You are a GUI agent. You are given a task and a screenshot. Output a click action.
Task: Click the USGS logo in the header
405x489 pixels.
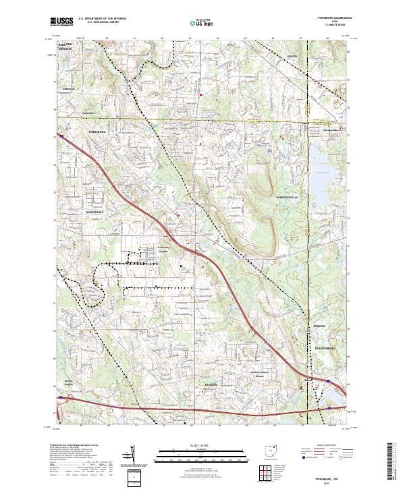click(x=62, y=22)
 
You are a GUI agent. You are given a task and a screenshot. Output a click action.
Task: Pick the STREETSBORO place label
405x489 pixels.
click(x=325, y=348)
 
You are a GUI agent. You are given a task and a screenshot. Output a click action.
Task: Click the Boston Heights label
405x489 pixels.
click(x=67, y=382)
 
